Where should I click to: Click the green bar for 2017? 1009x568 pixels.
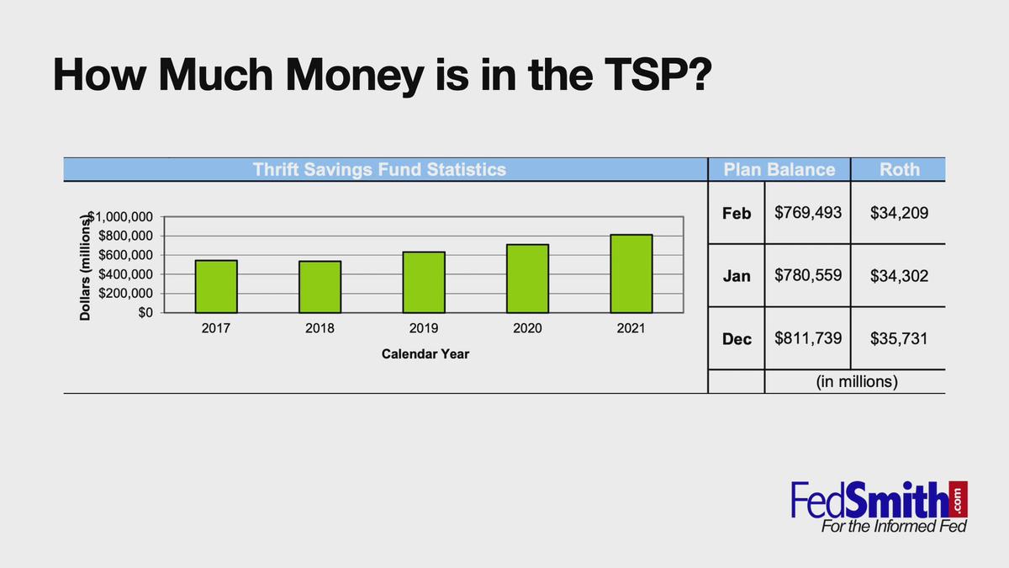216,286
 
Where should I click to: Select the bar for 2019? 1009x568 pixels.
424,282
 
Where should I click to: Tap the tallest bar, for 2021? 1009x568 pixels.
631,273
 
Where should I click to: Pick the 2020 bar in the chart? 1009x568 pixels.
527,279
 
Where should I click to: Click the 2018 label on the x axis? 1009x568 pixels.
320,328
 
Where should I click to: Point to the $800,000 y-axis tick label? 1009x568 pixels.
125,236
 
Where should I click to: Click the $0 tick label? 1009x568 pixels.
145,312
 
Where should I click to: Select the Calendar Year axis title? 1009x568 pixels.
425,354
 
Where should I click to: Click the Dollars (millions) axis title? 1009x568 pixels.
85,268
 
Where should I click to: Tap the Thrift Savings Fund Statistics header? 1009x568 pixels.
379,169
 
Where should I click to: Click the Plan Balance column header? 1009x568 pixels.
779,169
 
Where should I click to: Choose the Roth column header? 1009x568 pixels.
900,169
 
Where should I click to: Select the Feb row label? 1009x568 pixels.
737,213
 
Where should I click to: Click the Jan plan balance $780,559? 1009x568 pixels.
808,275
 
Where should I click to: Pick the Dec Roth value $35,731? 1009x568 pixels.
899,338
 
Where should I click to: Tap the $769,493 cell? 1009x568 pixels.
808,213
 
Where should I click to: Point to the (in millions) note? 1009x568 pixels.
857,382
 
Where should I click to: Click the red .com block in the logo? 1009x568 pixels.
958,499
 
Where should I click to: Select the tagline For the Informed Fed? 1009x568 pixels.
894,526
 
